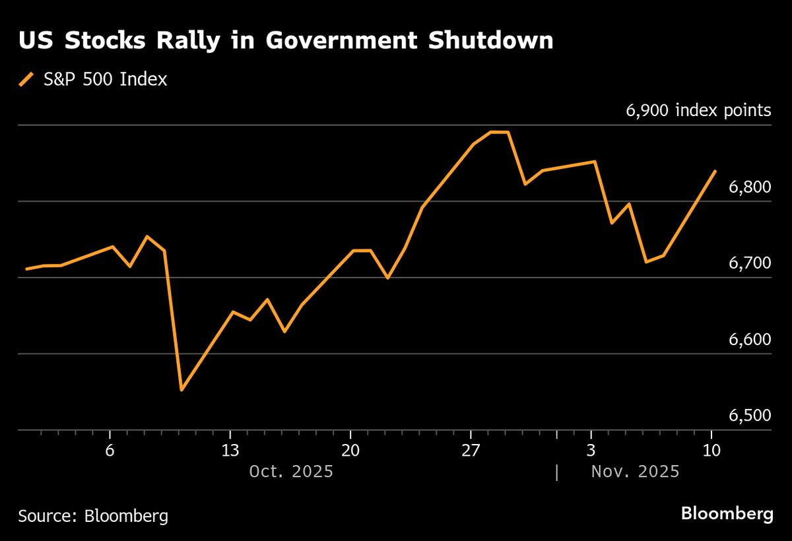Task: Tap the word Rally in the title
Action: pyautogui.click(x=202, y=41)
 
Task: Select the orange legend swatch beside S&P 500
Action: pyautogui.click(x=26, y=80)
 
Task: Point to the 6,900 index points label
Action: pyautogui.click(x=698, y=110)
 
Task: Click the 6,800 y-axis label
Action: pyautogui.click(x=749, y=187)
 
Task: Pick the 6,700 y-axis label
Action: pyautogui.click(x=749, y=263)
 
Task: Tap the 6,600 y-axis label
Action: pyautogui.click(x=749, y=340)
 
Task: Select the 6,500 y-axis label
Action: pyautogui.click(x=749, y=416)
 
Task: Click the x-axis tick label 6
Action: pyautogui.click(x=110, y=451)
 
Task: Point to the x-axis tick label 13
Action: pyautogui.click(x=230, y=451)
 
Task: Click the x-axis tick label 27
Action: pyautogui.click(x=471, y=451)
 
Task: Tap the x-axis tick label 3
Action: pyautogui.click(x=591, y=451)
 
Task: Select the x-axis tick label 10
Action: pyautogui.click(x=711, y=451)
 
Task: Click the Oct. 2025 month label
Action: pyautogui.click(x=291, y=472)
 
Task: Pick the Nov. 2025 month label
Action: pyautogui.click(x=635, y=472)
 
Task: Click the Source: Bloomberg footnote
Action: pyautogui.click(x=93, y=515)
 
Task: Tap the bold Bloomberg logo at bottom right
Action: pyautogui.click(x=727, y=514)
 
